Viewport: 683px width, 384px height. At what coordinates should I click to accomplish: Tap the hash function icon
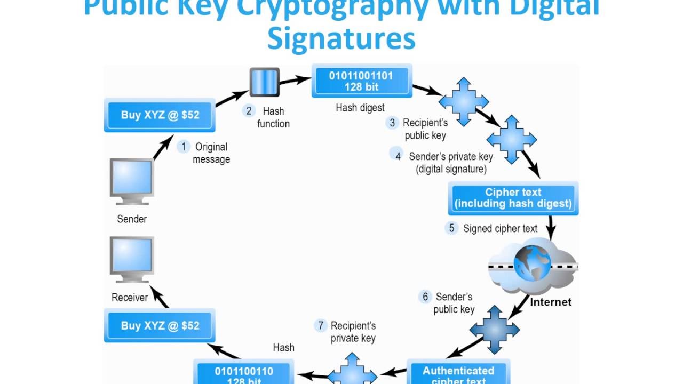pyautogui.click(x=265, y=83)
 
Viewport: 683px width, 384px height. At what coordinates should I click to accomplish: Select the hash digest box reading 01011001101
pyautogui.click(x=361, y=81)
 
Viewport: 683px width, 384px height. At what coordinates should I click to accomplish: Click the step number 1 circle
pyautogui.click(x=184, y=147)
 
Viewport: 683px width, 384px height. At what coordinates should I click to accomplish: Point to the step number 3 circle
pyautogui.click(x=392, y=123)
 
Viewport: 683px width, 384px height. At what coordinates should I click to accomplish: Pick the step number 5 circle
pyautogui.click(x=451, y=228)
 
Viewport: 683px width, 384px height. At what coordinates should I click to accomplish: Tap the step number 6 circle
pyautogui.click(x=425, y=297)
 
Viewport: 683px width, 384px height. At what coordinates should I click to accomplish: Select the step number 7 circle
pyautogui.click(x=320, y=325)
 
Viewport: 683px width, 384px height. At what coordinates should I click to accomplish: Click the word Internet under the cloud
pyautogui.click(x=551, y=302)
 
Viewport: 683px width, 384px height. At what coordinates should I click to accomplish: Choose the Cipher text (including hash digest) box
pyautogui.click(x=513, y=198)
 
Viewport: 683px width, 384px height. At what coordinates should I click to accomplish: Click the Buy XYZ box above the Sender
pyautogui.click(x=160, y=115)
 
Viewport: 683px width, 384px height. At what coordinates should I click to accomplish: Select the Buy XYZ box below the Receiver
pyautogui.click(x=160, y=325)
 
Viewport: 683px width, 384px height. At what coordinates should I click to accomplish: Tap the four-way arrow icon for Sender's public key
pyautogui.click(x=495, y=330)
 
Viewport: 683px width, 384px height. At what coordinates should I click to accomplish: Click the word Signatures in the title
pyautogui.click(x=341, y=38)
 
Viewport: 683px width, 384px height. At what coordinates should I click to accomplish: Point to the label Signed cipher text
pyautogui.click(x=500, y=229)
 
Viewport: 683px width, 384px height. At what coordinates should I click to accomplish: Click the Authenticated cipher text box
pyautogui.click(x=458, y=373)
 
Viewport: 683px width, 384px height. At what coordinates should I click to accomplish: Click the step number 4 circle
pyautogui.click(x=398, y=156)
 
